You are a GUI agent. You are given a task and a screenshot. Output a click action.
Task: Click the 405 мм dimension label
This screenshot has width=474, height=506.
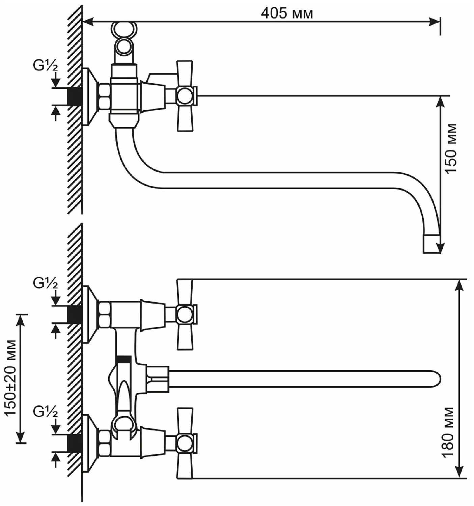click(286, 13)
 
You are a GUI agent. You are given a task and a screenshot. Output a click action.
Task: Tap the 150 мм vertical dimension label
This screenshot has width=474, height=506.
click(451, 149)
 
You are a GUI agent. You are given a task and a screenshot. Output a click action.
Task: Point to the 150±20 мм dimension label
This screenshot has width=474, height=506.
click(11, 378)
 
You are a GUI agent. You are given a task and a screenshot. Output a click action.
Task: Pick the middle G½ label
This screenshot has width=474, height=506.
click(45, 283)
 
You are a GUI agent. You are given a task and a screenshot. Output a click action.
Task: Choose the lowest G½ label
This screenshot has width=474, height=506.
click(45, 412)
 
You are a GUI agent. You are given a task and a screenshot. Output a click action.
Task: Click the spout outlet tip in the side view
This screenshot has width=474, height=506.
click(431, 244)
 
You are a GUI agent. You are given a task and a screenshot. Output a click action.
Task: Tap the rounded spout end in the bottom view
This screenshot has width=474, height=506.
click(435, 377)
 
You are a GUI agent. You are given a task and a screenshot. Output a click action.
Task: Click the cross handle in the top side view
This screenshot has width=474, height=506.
click(185, 96)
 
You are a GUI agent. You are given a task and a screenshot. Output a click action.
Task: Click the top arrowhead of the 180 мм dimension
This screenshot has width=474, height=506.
click(458, 285)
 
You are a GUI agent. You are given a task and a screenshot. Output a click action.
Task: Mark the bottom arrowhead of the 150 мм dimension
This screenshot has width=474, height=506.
click(441, 248)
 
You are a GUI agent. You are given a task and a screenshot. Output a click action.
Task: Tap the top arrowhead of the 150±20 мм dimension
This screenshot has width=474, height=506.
click(21, 319)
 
